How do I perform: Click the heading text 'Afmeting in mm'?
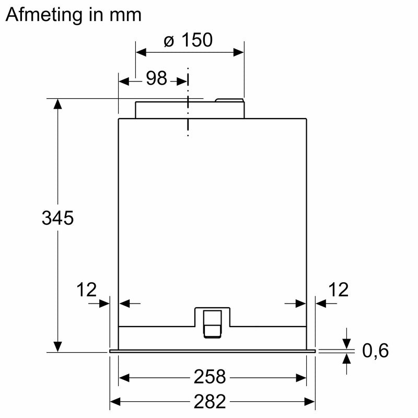click(x=73, y=15)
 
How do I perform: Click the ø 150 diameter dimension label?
click(x=188, y=40)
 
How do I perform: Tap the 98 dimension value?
click(x=156, y=79)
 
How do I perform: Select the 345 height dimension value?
click(x=57, y=218)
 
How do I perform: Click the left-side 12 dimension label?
click(x=87, y=289)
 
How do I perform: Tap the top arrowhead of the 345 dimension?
click(x=57, y=103)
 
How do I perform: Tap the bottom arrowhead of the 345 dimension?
click(x=57, y=346)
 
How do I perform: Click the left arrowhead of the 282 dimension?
click(x=115, y=401)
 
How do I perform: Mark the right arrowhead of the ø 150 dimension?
click(x=239, y=52)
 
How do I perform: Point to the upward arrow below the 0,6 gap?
click(x=346, y=358)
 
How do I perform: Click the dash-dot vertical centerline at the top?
click(x=188, y=104)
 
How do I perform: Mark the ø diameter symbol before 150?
click(x=169, y=40)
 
